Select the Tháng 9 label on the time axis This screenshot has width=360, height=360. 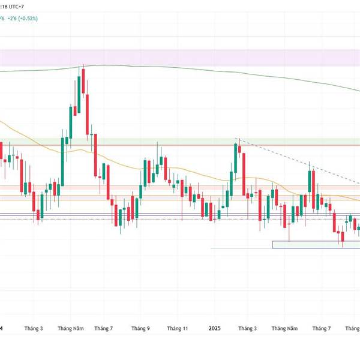coord(140,329)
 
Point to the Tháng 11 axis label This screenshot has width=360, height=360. coord(178,329)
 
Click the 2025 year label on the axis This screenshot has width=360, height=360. coord(215,329)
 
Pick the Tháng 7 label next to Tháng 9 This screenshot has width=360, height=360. coord(103,329)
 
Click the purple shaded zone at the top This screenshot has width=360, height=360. coord(180,58)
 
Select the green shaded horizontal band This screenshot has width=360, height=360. coord(180,141)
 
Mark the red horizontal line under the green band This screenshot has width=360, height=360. coord(180,145)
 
